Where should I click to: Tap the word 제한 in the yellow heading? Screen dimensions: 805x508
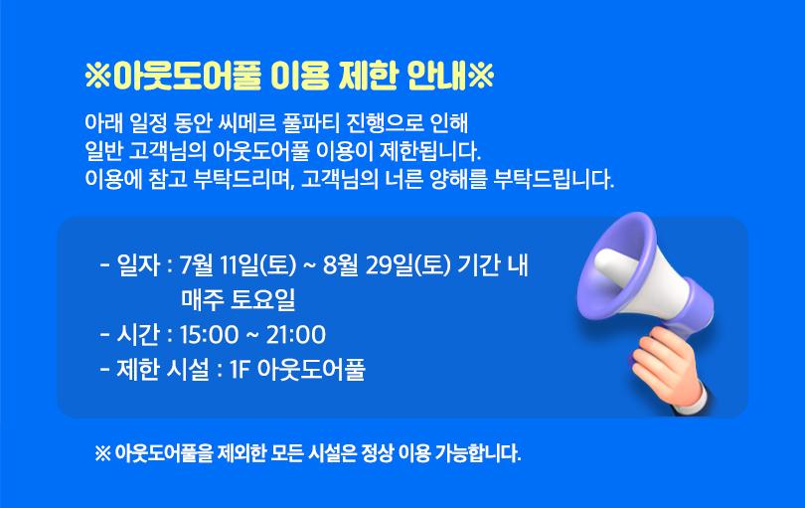point(368,77)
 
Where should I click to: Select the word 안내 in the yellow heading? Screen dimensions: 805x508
point(437,77)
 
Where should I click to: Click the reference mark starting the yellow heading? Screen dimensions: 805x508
point(98,77)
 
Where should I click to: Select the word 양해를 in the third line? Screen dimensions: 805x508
point(457,179)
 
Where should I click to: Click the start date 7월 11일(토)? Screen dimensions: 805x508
point(239,265)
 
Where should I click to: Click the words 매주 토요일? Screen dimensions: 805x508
point(239,300)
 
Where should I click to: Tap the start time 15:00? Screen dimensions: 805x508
point(209,335)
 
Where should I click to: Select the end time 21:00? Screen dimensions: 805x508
point(296,335)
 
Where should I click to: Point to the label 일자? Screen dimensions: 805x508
point(138,265)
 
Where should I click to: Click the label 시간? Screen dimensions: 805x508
point(138,335)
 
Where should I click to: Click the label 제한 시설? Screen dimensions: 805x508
point(163,370)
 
